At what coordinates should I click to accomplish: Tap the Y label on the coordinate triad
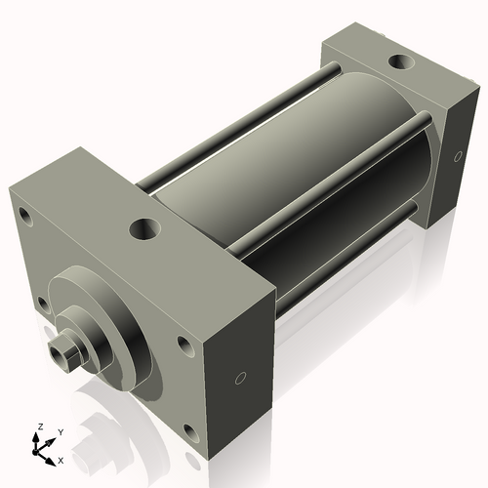[60, 431]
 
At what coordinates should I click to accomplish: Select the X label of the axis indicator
[61, 459]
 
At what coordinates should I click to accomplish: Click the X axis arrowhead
[52, 455]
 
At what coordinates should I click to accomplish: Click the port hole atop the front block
[144, 231]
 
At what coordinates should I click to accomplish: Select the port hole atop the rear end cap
[400, 63]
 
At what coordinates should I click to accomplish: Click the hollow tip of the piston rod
[64, 352]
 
